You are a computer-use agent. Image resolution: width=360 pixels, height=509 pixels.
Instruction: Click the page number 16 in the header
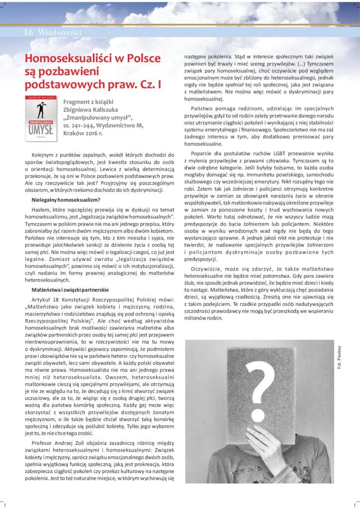click(x=28, y=32)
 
